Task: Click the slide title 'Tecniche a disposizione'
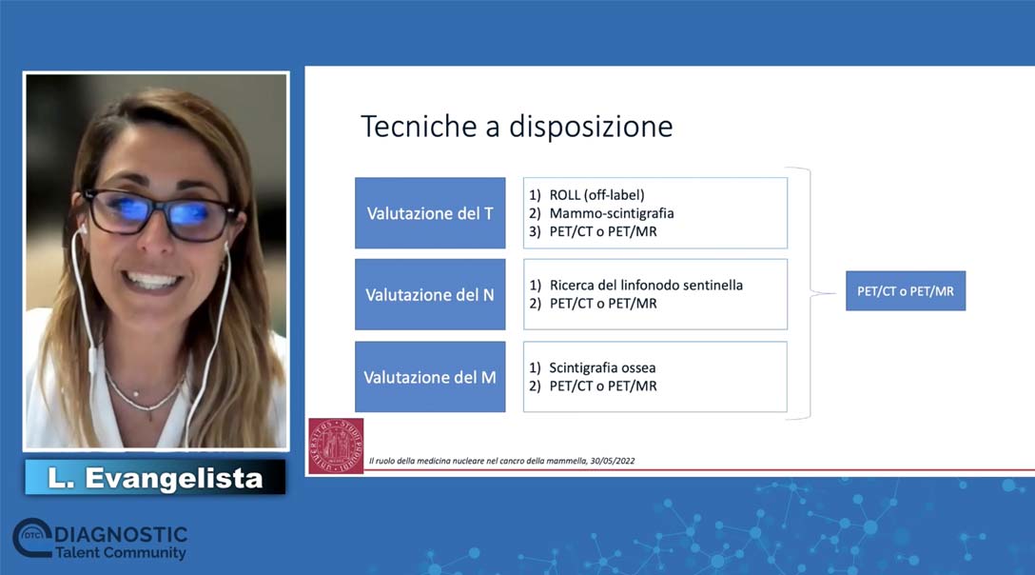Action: (x=517, y=127)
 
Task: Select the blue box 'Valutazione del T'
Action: (x=430, y=213)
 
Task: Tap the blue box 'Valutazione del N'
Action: (x=430, y=295)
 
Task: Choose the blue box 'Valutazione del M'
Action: (x=430, y=377)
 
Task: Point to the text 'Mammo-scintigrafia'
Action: (x=612, y=213)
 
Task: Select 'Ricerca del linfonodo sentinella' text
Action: (x=646, y=286)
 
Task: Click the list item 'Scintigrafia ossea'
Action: (x=602, y=367)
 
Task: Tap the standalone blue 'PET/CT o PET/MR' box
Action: (x=906, y=291)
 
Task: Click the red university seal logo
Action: (x=336, y=446)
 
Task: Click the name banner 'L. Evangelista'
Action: (x=155, y=477)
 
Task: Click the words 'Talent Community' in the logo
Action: (x=121, y=553)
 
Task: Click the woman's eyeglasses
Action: (x=159, y=213)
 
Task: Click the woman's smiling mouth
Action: (x=152, y=282)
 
